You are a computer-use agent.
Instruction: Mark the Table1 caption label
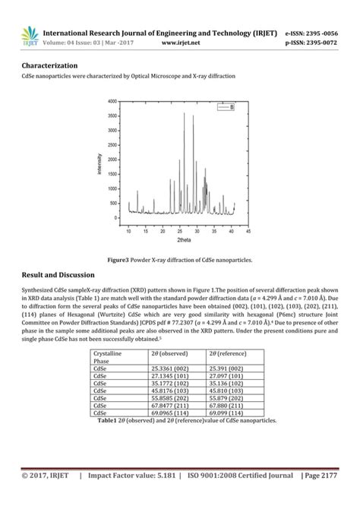tap(103, 421)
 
